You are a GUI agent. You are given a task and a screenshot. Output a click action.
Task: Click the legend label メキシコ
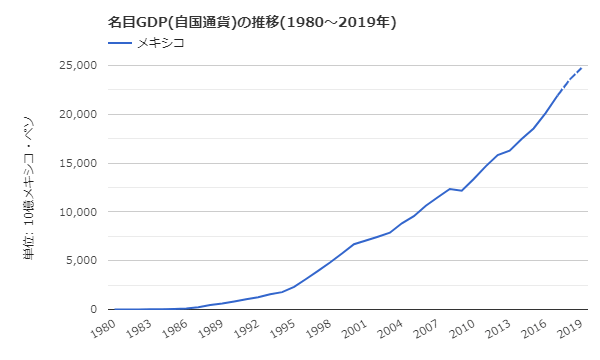click(x=160, y=43)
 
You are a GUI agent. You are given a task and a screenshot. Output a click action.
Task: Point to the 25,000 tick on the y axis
click(x=73, y=65)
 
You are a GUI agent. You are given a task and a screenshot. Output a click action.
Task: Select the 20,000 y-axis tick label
click(x=73, y=114)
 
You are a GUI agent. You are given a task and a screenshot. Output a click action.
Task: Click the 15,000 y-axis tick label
click(x=73, y=163)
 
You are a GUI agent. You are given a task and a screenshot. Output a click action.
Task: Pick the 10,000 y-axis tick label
click(x=73, y=212)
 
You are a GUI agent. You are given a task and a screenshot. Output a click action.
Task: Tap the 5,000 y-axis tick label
click(x=77, y=261)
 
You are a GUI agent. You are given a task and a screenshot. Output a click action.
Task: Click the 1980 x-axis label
click(x=103, y=329)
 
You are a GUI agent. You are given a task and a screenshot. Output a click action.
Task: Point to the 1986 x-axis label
click(x=176, y=329)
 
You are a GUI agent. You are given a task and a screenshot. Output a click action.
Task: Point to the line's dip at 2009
click(x=461, y=190)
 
